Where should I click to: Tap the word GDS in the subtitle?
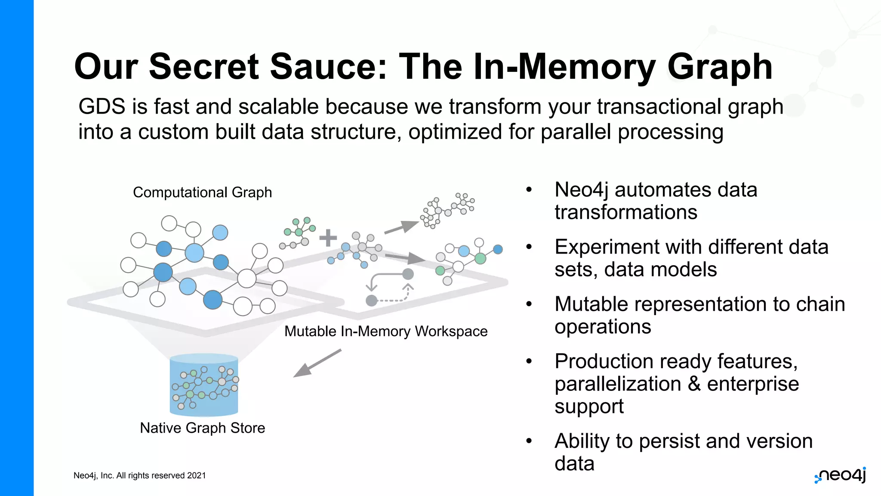pos(102,106)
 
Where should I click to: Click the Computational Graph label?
pos(202,192)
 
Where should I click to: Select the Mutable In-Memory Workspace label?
pos(386,332)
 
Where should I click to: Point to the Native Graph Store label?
pos(202,428)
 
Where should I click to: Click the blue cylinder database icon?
pos(204,385)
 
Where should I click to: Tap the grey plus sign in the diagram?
pos(328,238)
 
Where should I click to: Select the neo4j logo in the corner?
pos(840,475)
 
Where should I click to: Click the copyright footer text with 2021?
pos(139,475)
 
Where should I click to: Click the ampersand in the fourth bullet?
pos(694,384)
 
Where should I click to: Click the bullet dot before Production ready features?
pos(529,361)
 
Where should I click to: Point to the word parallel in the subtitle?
pos(575,132)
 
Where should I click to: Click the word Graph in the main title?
pos(719,67)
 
